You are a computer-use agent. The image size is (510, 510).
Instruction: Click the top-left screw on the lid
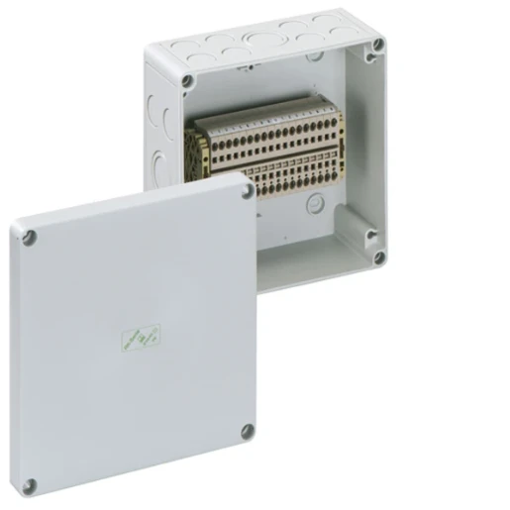tap(31, 236)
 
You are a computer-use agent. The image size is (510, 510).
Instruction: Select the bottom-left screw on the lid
tap(31, 485)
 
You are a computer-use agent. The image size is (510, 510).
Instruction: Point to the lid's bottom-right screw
tap(247, 431)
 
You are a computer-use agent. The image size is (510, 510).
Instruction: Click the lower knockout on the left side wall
tap(155, 158)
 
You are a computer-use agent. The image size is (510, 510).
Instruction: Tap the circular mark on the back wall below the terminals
tap(315, 204)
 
